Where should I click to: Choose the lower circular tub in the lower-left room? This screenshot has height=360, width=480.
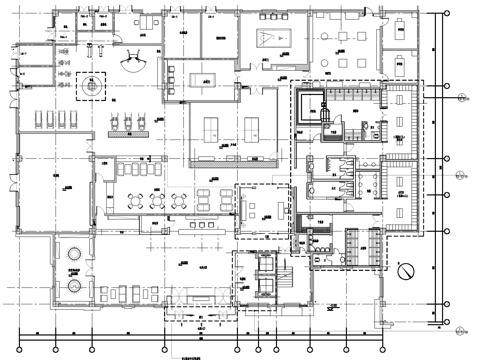[x=73, y=284]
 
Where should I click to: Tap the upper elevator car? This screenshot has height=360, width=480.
[x=266, y=265]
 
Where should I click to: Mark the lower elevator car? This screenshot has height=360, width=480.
[x=266, y=284]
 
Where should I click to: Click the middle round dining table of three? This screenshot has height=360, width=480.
[x=157, y=198]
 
